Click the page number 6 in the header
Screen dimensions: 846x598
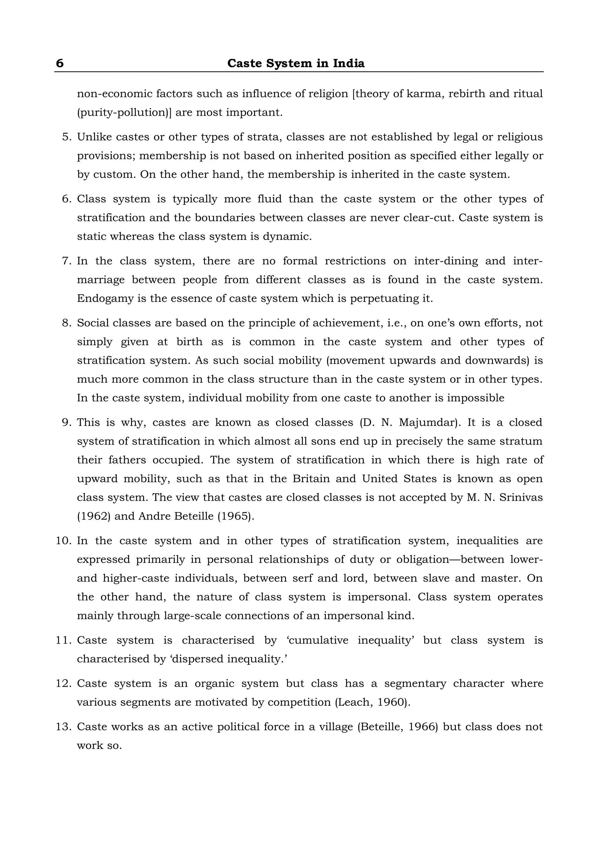click(60, 63)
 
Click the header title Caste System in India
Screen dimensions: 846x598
click(296, 63)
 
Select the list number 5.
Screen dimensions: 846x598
click(66, 137)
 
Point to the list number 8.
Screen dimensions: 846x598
click(66, 323)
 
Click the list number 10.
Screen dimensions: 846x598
click(63, 541)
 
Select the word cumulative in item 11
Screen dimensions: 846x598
click(319, 640)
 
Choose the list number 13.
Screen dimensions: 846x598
click(63, 727)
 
